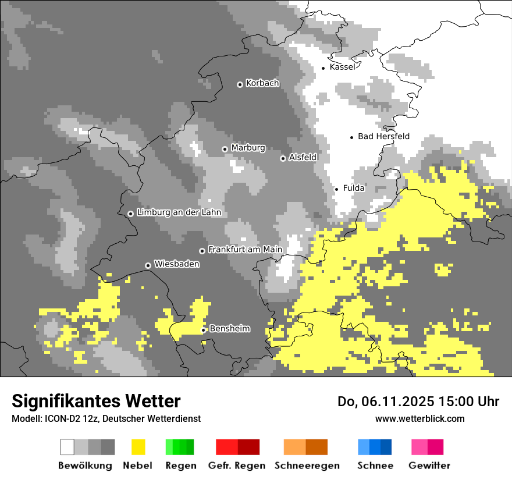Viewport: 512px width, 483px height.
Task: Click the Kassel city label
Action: click(x=342, y=67)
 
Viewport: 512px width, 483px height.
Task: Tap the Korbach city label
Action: click(x=262, y=83)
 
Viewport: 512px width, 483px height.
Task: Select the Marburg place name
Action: click(x=248, y=148)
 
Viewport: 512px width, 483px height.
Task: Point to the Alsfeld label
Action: click(x=303, y=157)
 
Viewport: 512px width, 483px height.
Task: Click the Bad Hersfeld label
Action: click(x=383, y=136)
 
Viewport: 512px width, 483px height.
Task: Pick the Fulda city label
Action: click(x=354, y=188)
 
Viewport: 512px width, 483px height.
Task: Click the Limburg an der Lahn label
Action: click(x=179, y=212)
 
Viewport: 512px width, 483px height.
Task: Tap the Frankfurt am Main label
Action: click(x=245, y=250)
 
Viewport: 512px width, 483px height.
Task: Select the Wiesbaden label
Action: click(x=176, y=264)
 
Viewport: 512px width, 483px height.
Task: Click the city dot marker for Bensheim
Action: click(x=204, y=330)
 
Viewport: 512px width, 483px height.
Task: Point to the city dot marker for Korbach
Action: click(x=240, y=84)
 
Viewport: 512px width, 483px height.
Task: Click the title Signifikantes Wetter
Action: click(x=96, y=401)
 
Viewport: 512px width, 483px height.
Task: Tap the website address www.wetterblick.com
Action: click(x=419, y=418)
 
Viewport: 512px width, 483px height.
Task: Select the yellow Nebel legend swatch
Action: click(x=138, y=447)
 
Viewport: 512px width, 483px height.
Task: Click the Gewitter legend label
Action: click(x=429, y=466)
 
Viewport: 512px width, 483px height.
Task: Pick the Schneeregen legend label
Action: click(x=307, y=466)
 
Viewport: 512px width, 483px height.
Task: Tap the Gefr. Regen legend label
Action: click(x=237, y=466)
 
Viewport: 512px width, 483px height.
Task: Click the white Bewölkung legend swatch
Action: click(x=67, y=447)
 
